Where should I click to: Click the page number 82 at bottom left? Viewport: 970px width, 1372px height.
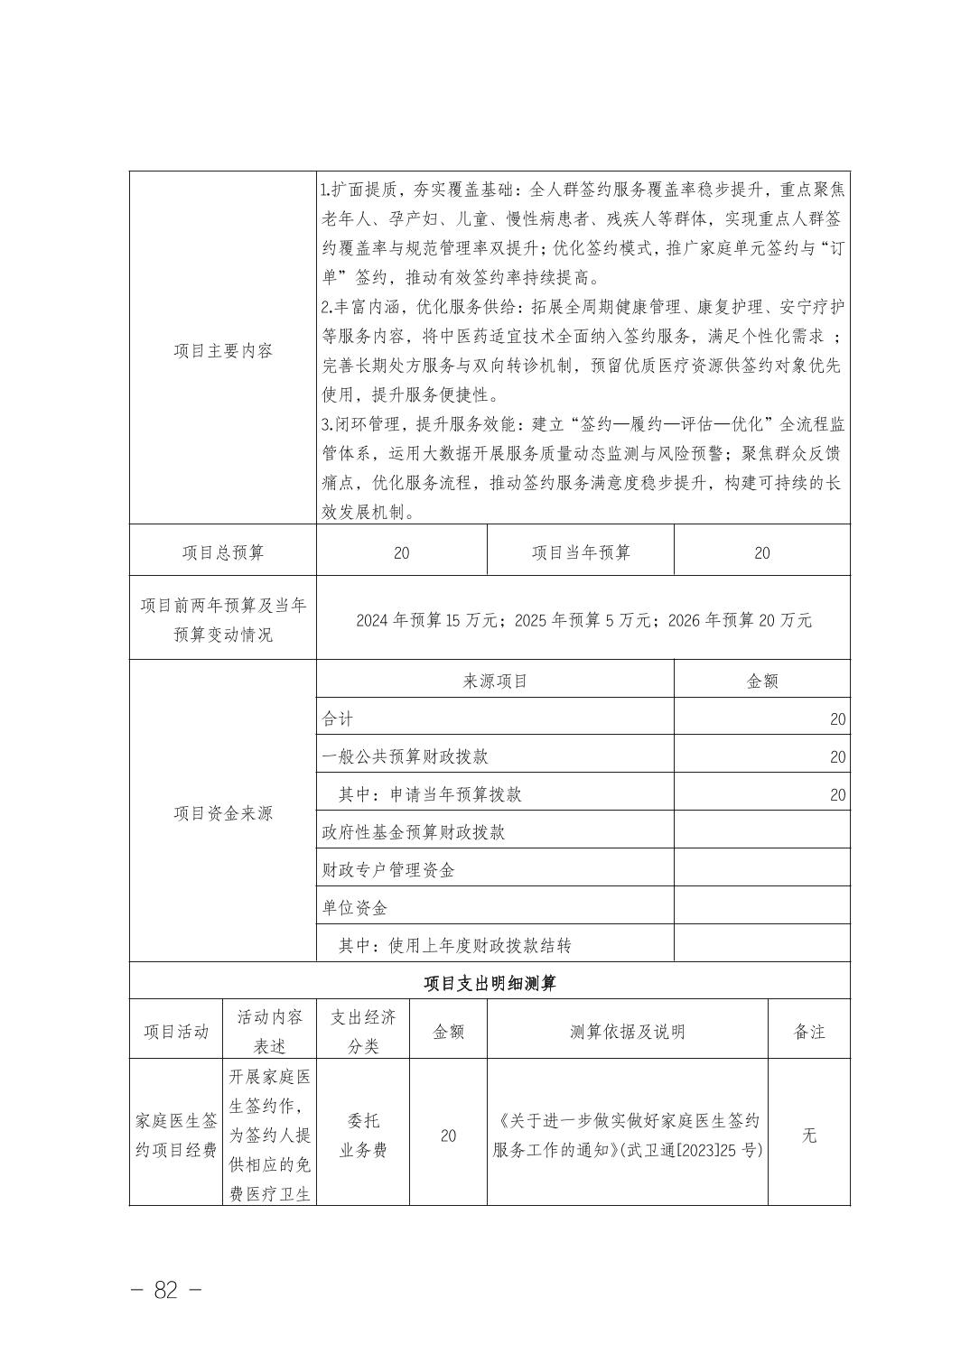[166, 1290]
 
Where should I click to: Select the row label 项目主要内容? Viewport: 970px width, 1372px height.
[223, 351]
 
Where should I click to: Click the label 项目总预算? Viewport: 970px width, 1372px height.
[223, 552]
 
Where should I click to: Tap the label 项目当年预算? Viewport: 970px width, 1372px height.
[581, 552]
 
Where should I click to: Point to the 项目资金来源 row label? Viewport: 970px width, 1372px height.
[223, 813]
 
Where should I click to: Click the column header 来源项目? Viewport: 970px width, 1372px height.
[495, 681]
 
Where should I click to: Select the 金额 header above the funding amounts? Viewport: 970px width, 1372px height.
[762, 681]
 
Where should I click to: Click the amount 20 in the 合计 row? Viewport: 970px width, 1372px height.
[837, 719]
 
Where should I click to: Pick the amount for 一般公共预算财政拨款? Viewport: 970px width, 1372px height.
[837, 757]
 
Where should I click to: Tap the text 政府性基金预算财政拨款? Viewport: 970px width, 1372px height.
[414, 832]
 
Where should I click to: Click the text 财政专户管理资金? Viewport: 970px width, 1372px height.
[388, 870]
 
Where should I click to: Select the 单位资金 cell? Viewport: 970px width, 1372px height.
[355, 908]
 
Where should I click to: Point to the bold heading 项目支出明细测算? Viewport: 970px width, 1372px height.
[490, 983]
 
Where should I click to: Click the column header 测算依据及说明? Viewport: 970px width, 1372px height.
[628, 1032]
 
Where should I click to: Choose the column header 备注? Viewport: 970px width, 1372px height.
[809, 1032]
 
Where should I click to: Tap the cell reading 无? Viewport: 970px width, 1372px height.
[809, 1135]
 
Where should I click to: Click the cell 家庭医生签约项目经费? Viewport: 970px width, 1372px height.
[177, 1136]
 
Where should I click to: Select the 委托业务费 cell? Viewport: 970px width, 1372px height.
[363, 1136]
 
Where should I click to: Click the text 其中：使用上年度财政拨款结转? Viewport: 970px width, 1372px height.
[455, 946]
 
